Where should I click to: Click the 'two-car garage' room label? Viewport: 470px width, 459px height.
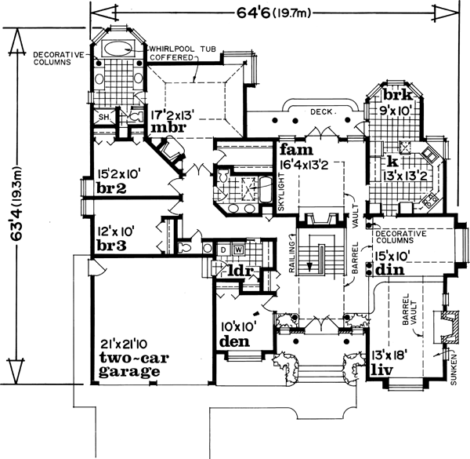coord(131,365)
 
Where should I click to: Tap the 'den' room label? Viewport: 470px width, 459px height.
coord(233,341)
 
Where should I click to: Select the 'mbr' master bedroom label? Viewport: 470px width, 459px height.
coord(168,127)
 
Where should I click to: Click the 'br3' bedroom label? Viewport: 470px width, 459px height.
coord(110,245)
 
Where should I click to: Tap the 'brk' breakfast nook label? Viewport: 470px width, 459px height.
coord(397,95)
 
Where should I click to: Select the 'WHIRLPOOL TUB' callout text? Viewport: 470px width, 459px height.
coord(179,49)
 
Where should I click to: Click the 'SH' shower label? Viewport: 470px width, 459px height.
coord(103,118)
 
